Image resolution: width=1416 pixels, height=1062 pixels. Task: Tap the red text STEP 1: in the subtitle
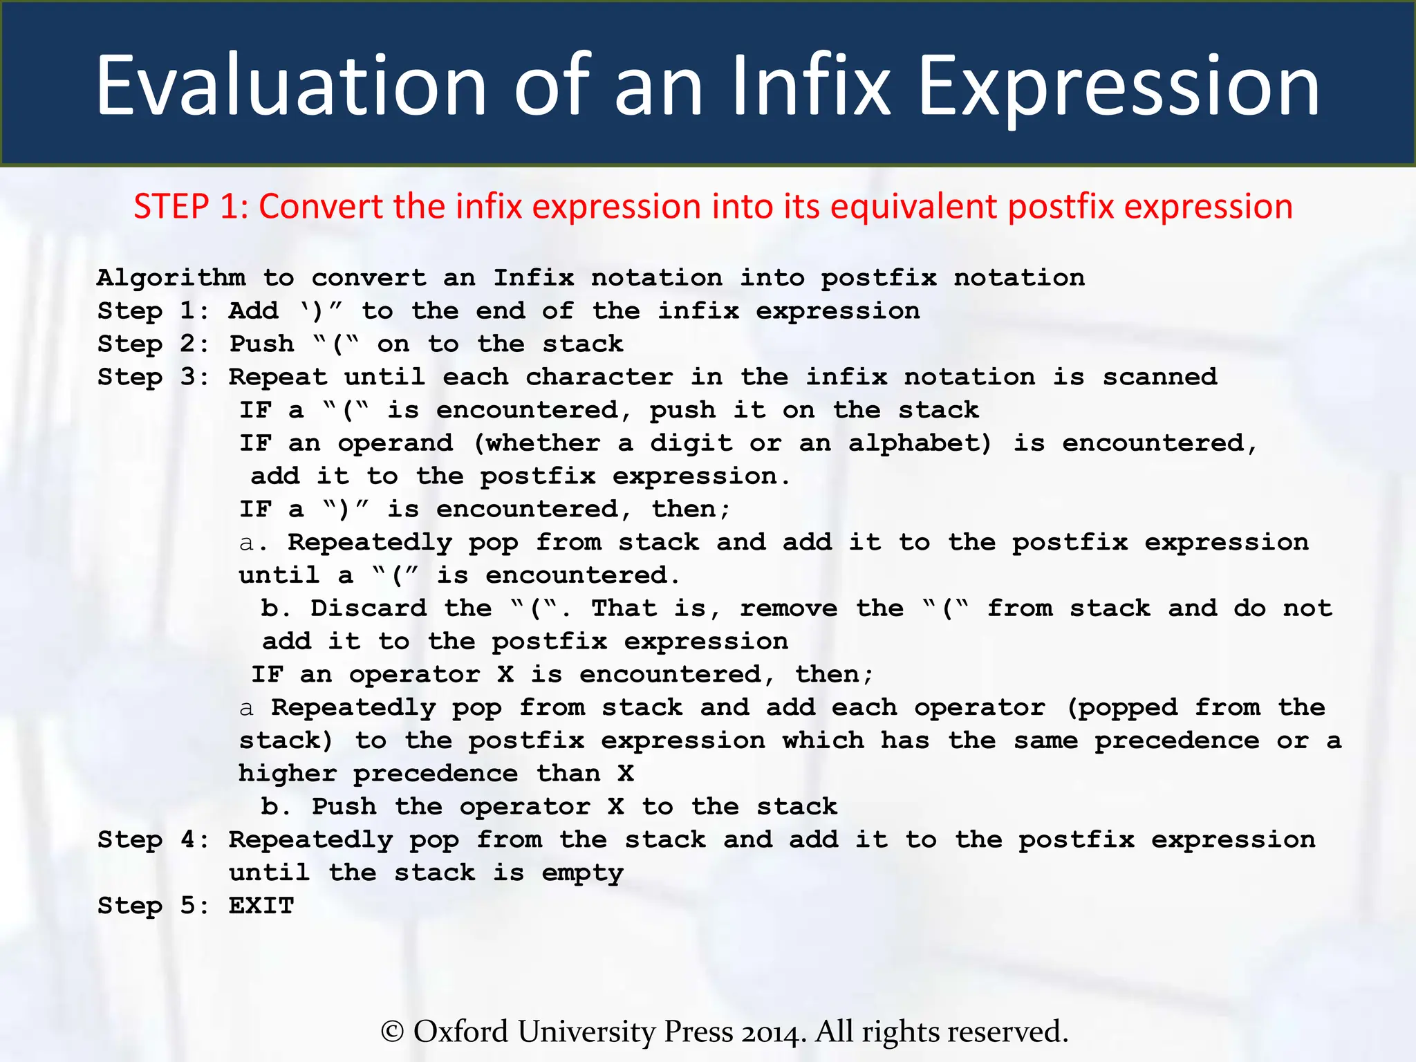pyautogui.click(x=191, y=207)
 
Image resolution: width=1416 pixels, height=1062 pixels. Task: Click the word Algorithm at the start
pyautogui.click(x=171, y=278)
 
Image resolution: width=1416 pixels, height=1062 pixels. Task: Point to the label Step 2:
pyautogui.click(x=153, y=344)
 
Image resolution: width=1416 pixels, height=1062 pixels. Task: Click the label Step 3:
pyautogui.click(x=153, y=377)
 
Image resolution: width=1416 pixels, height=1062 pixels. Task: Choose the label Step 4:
pyautogui.click(x=153, y=839)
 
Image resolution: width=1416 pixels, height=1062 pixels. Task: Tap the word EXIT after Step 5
pyautogui.click(x=261, y=906)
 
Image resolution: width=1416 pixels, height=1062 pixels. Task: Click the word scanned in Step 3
pyautogui.click(x=1159, y=377)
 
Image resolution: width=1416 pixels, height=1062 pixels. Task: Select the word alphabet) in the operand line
pyautogui.click(x=920, y=443)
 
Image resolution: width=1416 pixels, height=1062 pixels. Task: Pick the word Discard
pyautogui.click(x=369, y=608)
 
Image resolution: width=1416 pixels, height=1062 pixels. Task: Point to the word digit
pyautogui.click(x=691, y=443)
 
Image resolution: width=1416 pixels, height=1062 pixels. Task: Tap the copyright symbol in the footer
pyautogui.click(x=392, y=1032)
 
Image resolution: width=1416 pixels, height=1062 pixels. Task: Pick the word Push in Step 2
pyautogui.click(x=261, y=344)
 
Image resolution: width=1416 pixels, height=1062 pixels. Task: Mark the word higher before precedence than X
pyautogui.click(x=288, y=774)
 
